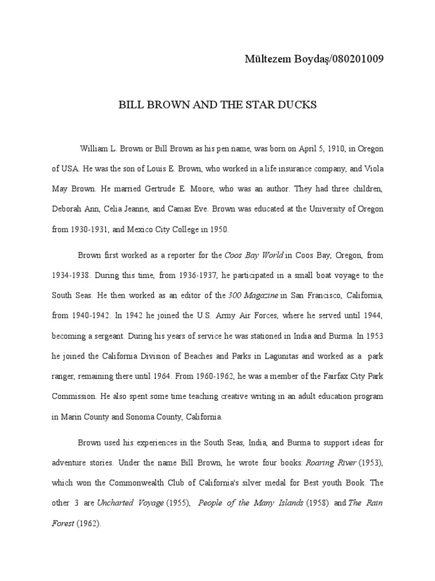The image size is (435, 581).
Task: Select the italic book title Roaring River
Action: (331, 462)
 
